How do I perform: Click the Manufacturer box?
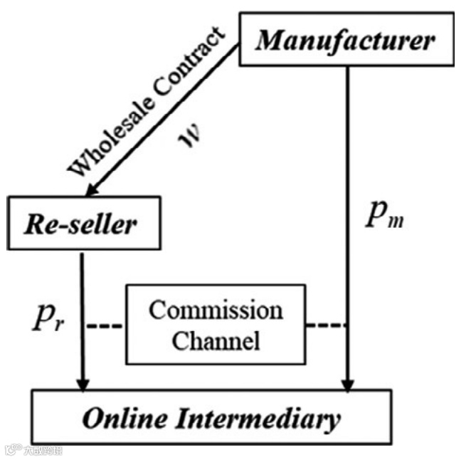click(x=346, y=40)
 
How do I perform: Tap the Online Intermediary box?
click(x=211, y=418)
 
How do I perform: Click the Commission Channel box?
click(x=216, y=325)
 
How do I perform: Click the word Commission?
click(x=216, y=312)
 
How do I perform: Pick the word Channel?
click(x=216, y=341)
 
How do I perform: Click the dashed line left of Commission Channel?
click(x=105, y=326)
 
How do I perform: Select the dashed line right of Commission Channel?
click(x=327, y=326)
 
